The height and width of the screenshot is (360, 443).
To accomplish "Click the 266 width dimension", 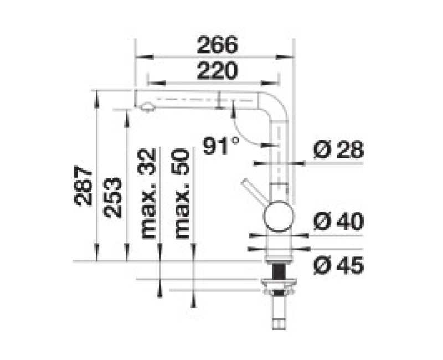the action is [x=217, y=45].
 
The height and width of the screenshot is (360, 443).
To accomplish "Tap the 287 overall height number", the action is [x=83, y=186].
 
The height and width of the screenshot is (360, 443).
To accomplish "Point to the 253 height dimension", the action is [x=113, y=198].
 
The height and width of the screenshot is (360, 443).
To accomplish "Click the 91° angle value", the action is [x=220, y=146].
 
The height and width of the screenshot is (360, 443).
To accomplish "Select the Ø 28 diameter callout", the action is [x=338, y=150].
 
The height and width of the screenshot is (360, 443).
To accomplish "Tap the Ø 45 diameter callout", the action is [x=338, y=266].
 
